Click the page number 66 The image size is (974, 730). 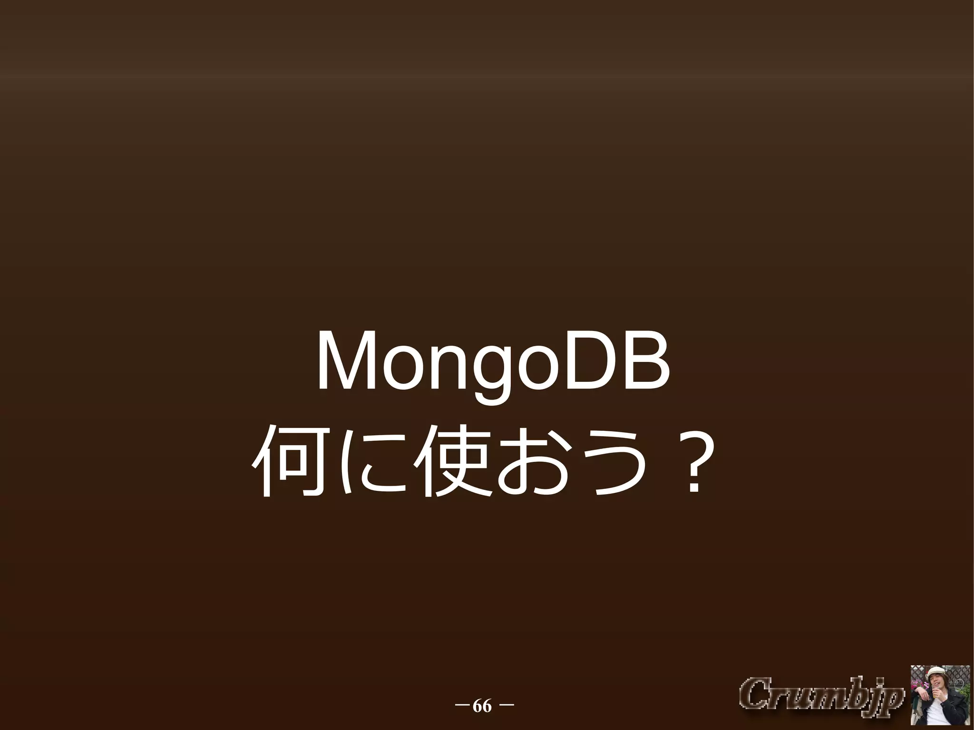[482, 707]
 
